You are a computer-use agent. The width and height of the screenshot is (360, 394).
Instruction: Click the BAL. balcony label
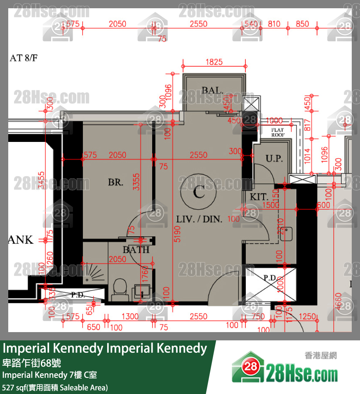coord(212,90)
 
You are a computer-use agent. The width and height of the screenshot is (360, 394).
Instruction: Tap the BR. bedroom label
coord(115,182)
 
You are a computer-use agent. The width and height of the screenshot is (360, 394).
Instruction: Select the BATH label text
coord(136,250)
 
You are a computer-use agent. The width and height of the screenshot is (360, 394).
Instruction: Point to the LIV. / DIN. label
coord(199,219)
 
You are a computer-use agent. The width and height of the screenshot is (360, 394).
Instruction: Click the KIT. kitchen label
coord(259,197)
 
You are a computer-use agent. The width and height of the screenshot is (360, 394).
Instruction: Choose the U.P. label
coord(274,158)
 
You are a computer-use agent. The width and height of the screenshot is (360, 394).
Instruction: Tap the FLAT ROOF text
coord(278,132)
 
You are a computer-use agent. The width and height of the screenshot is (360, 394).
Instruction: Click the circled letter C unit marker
coord(199,193)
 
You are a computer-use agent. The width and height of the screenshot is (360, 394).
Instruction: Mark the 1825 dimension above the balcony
coord(214,62)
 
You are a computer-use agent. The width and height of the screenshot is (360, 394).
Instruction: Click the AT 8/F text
coord(23,58)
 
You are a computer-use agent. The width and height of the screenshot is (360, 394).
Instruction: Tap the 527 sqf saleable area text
coord(55,387)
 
